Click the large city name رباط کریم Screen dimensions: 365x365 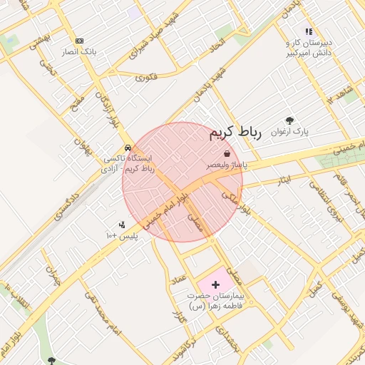coord(236,133)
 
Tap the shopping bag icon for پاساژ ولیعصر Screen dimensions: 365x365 coord(227,153)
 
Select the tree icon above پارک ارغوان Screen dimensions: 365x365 coord(289,120)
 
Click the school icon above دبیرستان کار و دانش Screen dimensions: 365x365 coord(309,31)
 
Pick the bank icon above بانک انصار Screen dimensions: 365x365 coord(79,41)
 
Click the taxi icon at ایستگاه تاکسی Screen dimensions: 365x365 coord(128,148)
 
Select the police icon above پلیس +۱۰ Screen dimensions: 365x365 coord(121,225)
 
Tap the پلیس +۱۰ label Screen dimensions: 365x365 coord(121,235)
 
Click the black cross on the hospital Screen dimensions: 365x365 coord(216,284)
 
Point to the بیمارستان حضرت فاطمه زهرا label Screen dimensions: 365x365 coord(216,300)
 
